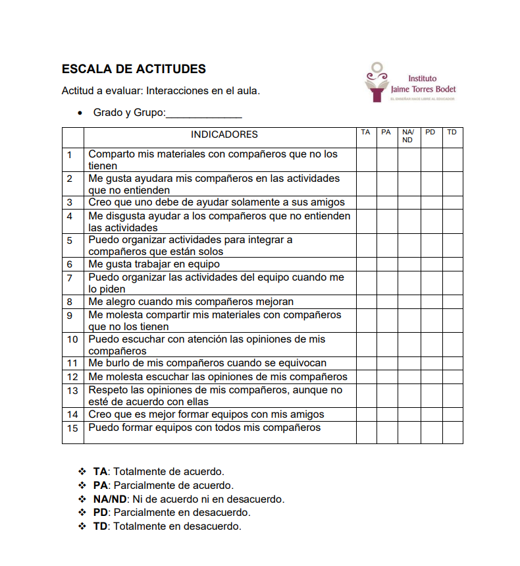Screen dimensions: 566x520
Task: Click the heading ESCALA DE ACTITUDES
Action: pos(134,69)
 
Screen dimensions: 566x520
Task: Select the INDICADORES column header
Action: pos(224,134)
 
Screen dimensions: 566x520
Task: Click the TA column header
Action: pos(365,132)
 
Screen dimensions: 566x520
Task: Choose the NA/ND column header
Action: pos(408,136)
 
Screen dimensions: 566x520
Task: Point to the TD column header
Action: pos(452,132)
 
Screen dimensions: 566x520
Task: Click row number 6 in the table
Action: pos(70,264)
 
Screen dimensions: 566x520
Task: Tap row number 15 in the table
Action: pos(72,428)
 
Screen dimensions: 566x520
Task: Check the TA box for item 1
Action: pos(366,159)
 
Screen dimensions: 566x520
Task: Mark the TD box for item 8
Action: pos(452,302)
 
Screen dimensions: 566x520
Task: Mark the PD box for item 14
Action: pos(431,414)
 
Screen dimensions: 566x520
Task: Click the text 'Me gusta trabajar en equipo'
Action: pos(154,264)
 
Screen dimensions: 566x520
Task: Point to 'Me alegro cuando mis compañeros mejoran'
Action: pos(191,302)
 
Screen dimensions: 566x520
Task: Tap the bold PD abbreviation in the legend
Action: pos(101,513)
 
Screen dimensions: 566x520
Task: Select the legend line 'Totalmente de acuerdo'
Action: pos(169,472)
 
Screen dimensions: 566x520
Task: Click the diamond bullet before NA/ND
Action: pos(82,499)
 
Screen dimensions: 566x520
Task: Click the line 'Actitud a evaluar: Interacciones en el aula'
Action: pos(161,91)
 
